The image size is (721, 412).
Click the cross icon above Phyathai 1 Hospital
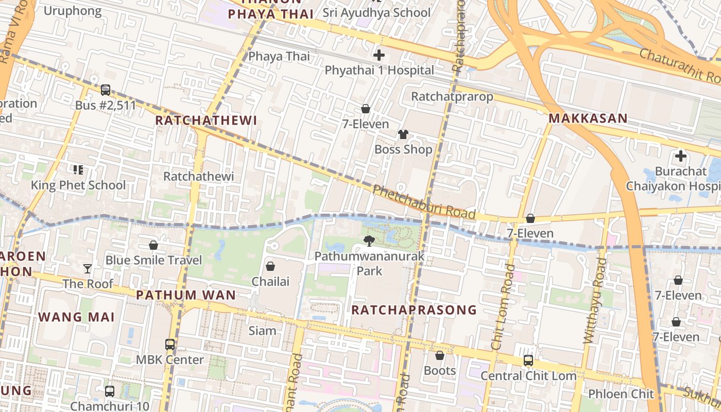click(379, 55)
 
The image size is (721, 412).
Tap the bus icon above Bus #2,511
click(106, 90)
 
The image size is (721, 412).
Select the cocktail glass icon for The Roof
click(88, 268)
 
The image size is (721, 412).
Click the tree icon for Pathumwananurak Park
click(369, 241)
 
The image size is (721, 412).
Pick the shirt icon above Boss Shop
click(403, 134)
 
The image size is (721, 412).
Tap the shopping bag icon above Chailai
click(270, 266)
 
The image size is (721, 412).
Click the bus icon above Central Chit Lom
click(528, 360)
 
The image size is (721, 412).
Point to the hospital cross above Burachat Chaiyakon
click(681, 156)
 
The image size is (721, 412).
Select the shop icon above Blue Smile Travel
click(153, 245)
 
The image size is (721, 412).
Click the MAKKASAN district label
click(588, 118)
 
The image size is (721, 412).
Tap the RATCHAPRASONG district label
click(414, 310)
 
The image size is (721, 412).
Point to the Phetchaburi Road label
click(423, 202)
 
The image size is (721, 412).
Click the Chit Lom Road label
click(503, 307)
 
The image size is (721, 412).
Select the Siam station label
click(262, 331)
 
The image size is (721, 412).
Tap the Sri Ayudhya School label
click(376, 12)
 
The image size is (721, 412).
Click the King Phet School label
click(78, 185)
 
